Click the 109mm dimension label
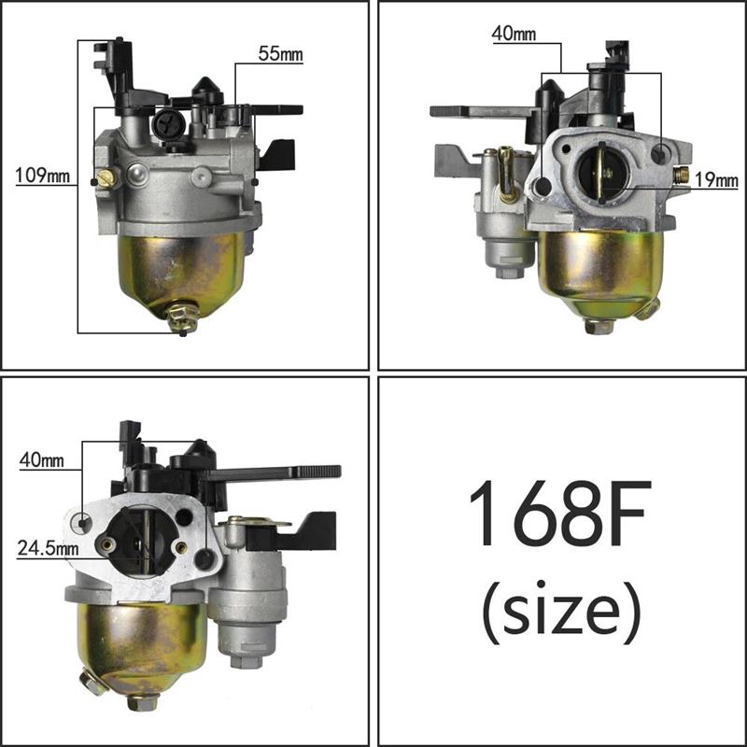[x=43, y=176]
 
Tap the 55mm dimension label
[x=281, y=54]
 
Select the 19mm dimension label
[x=716, y=180]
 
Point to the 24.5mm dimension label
[x=49, y=548]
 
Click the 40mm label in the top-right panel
[x=514, y=34]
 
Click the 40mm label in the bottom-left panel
[x=42, y=460]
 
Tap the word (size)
[x=561, y=612]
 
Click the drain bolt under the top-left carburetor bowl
[x=182, y=317]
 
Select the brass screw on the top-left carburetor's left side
[x=105, y=178]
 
